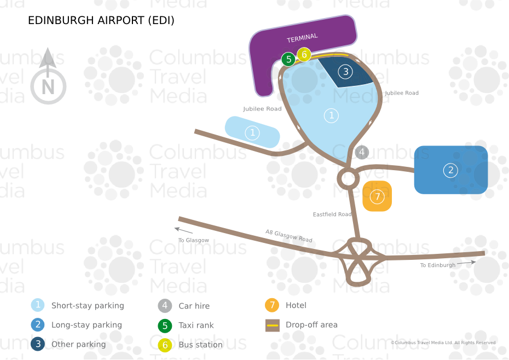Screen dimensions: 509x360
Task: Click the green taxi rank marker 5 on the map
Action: tap(288, 60)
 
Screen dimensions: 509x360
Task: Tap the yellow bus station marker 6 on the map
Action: tap(304, 55)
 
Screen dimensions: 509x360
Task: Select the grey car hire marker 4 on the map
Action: tap(362, 152)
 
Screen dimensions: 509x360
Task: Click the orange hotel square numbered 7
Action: tap(377, 196)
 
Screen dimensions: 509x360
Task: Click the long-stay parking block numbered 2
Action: tap(451, 170)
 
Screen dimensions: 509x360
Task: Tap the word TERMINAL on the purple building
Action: tap(302, 38)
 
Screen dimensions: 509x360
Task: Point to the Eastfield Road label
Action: tap(332, 214)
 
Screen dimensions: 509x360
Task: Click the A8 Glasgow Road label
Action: tap(288, 236)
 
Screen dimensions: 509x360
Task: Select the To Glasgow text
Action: tap(193, 240)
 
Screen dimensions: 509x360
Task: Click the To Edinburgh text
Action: tap(438, 265)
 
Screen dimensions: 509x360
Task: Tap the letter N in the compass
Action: tap(48, 87)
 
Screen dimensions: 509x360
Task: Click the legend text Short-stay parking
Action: tap(88, 305)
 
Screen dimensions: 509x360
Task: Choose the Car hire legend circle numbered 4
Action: tap(165, 306)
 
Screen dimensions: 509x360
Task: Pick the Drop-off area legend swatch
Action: tap(273, 326)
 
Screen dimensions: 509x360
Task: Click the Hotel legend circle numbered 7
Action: tap(272, 305)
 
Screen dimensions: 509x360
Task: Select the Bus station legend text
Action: tap(201, 345)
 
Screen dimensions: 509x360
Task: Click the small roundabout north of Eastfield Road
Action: tap(348, 178)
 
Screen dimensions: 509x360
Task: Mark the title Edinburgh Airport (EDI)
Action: tap(101, 20)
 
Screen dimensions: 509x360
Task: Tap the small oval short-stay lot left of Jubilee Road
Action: tap(252, 132)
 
